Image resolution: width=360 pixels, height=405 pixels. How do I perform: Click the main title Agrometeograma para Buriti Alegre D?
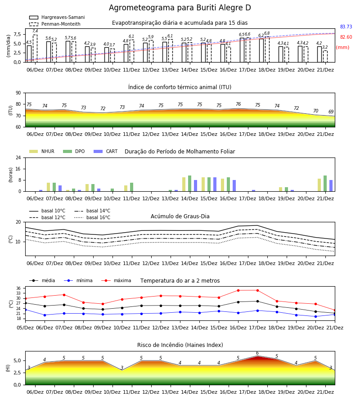[x=180, y=8]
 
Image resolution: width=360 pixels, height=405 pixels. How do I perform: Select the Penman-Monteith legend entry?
[x=55, y=24]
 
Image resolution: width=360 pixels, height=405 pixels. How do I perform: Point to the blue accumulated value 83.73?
[x=346, y=27]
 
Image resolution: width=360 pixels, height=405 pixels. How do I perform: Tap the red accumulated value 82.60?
[x=346, y=37]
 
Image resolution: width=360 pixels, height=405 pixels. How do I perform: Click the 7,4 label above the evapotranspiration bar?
[x=35, y=31]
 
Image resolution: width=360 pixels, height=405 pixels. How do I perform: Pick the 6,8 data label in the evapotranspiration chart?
[x=267, y=33]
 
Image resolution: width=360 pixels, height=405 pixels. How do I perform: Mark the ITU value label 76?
[x=238, y=104]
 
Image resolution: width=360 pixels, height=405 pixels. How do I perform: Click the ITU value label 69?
[x=331, y=112]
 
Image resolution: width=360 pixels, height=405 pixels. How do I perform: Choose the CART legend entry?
[x=105, y=151]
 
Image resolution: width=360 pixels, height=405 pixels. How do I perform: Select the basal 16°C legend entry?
[x=92, y=217]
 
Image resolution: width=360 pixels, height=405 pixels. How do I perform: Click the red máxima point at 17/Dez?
[x=257, y=290]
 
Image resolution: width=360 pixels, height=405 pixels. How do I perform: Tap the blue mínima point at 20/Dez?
[x=315, y=316]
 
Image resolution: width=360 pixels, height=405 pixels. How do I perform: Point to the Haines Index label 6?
[x=257, y=353]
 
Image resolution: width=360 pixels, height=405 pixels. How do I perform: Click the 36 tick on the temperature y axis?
[x=21, y=288]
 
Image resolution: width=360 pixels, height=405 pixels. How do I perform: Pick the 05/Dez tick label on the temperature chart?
[x=25, y=328]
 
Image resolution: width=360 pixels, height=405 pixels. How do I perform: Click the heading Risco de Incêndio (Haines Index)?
[x=180, y=345]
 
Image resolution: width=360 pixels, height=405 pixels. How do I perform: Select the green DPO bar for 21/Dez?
[x=325, y=184]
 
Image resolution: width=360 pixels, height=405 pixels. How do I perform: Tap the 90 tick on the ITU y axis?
[x=18, y=93]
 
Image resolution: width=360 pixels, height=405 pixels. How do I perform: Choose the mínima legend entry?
[x=78, y=280]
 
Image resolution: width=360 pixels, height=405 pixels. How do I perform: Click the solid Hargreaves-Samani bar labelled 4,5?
[x=29, y=54]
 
